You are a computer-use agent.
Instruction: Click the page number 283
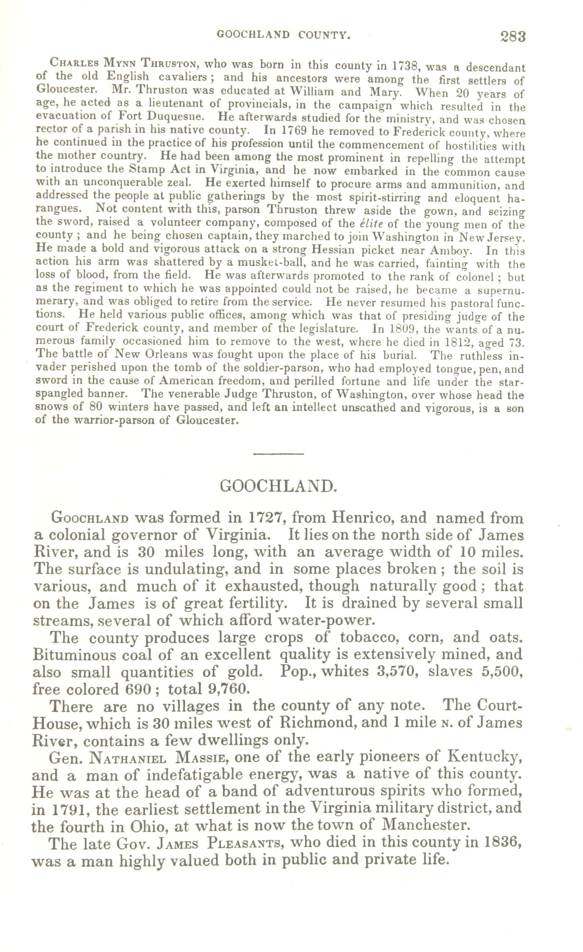click(513, 37)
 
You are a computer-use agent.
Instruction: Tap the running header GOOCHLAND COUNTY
click(284, 35)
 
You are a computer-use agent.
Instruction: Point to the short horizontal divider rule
click(278, 454)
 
